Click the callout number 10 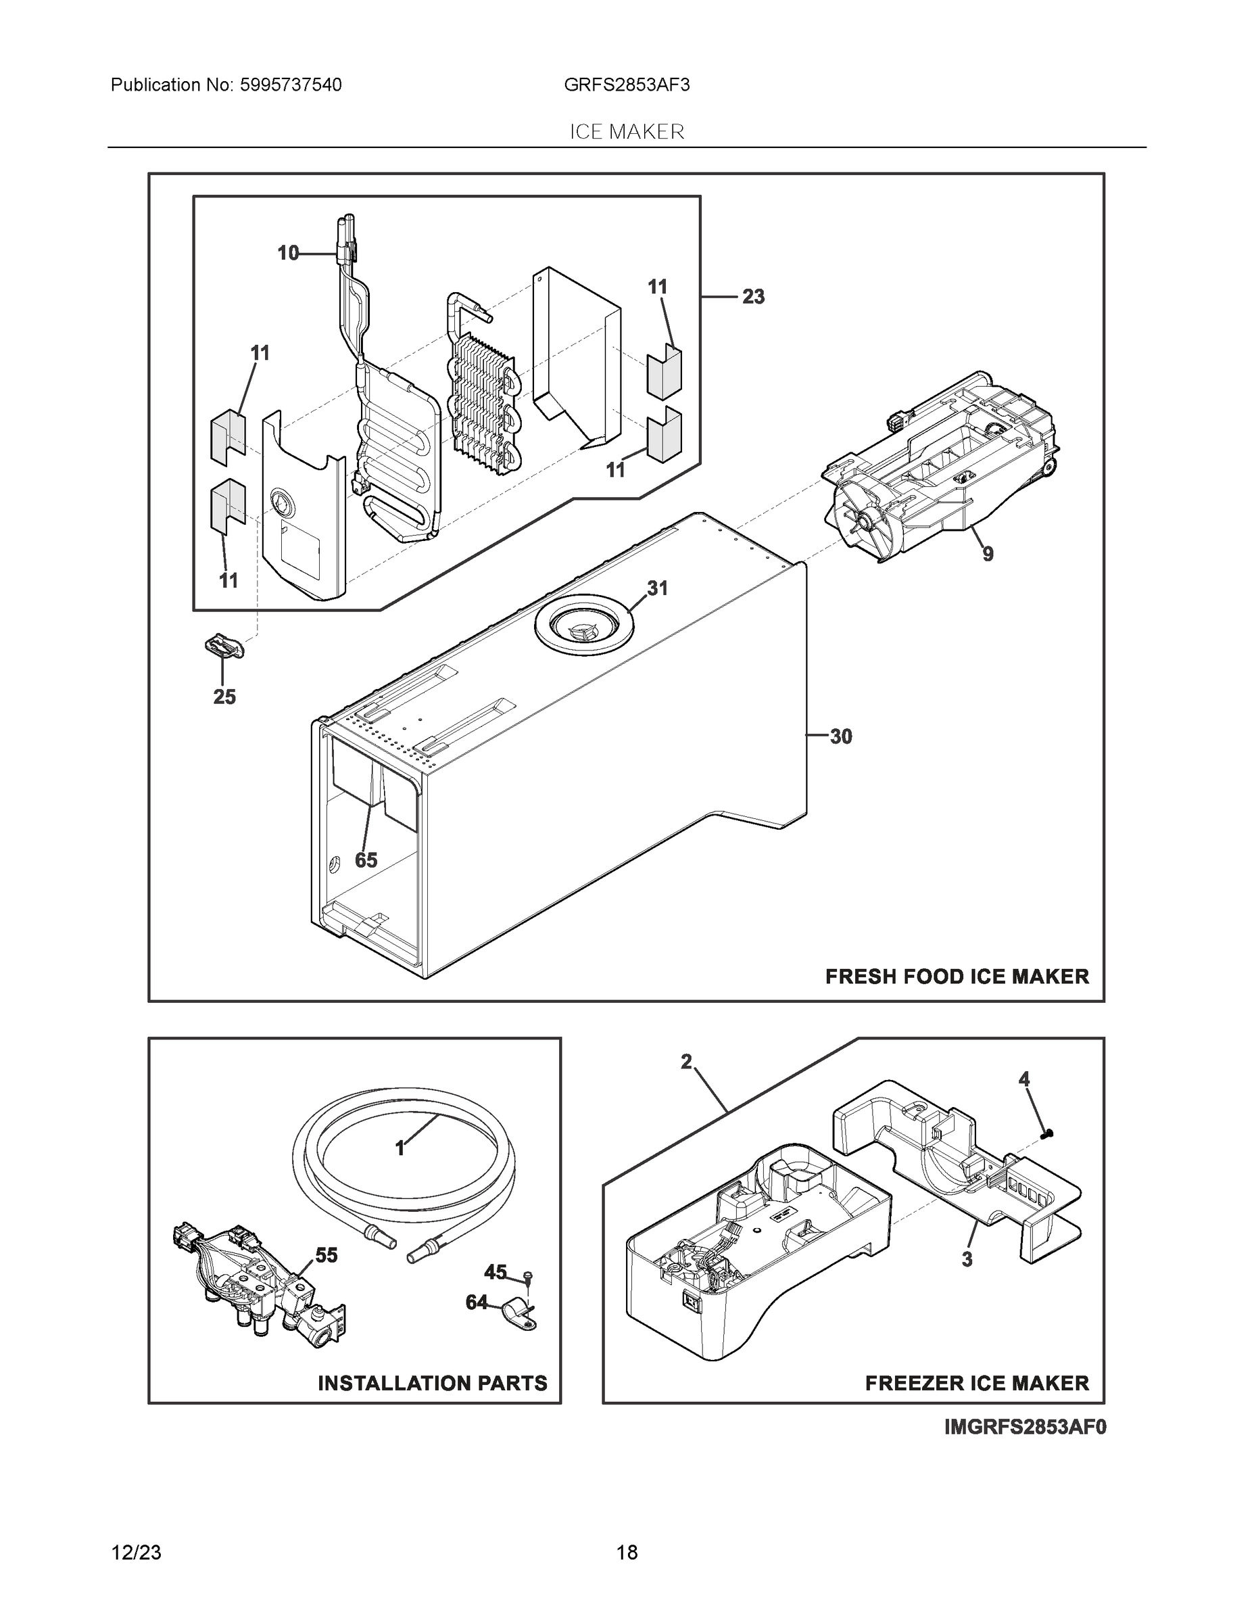[287, 254]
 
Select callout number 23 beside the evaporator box [752, 296]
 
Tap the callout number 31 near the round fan [656, 588]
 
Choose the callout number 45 [495, 1272]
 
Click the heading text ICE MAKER [626, 132]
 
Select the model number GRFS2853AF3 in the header [626, 85]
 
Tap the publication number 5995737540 [291, 85]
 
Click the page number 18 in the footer [626, 1553]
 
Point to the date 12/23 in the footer [136, 1553]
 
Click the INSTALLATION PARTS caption [433, 1383]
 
